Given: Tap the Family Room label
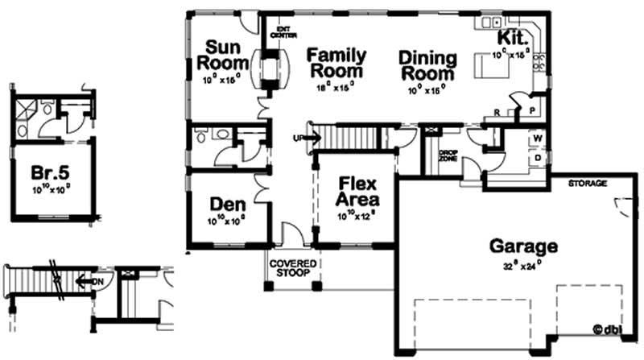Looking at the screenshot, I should (x=336, y=64).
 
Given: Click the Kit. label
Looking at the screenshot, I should (x=512, y=38).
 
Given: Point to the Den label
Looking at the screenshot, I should (x=226, y=204).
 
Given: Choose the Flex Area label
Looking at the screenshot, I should (x=354, y=191).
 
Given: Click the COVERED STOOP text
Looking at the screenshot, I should (x=293, y=269).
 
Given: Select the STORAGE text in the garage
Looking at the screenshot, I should (x=587, y=184).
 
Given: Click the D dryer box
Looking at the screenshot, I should (x=535, y=159).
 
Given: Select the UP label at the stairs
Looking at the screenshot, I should (x=299, y=138).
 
